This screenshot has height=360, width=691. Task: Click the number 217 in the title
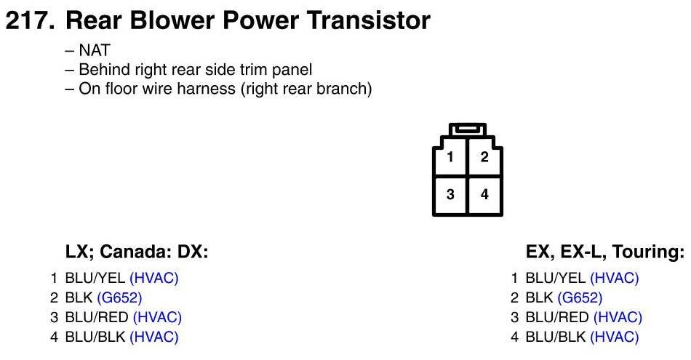tap(30, 20)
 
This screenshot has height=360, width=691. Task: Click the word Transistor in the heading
tap(369, 20)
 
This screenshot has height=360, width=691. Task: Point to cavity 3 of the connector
tap(450, 194)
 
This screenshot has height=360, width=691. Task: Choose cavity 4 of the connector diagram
tap(484, 194)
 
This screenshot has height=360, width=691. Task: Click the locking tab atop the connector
tap(468, 129)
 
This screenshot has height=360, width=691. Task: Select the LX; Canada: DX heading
tap(137, 252)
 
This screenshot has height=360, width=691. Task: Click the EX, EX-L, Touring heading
tap(605, 252)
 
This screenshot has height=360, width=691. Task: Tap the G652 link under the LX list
tap(119, 298)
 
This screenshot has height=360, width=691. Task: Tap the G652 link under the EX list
tap(580, 298)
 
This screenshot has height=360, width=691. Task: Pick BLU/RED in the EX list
tap(557, 317)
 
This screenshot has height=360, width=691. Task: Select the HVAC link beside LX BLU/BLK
tap(154, 337)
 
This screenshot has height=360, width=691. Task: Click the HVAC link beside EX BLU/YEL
tap(615, 278)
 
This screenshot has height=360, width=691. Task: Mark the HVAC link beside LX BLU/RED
tap(157, 317)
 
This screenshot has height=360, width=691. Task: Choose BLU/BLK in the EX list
tap(555, 337)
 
